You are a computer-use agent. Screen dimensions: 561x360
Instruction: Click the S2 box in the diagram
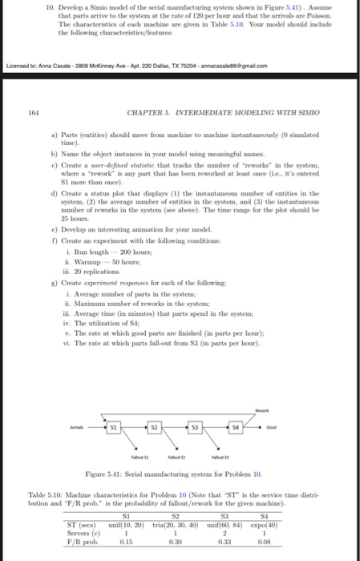pos(160,427)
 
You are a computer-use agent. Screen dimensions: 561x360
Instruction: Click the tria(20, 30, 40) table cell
pos(172,523)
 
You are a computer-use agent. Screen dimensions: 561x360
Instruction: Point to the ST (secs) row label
pos(80,523)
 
